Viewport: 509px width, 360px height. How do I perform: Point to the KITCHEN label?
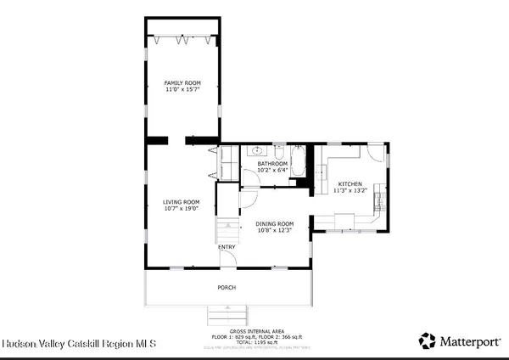point(350,184)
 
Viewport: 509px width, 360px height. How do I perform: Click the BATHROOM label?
point(273,163)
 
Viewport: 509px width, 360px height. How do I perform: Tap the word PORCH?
point(227,286)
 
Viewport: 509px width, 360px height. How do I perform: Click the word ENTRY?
point(227,247)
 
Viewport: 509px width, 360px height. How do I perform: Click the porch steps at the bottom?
point(227,314)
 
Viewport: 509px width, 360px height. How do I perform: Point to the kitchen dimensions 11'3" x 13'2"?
point(350,191)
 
